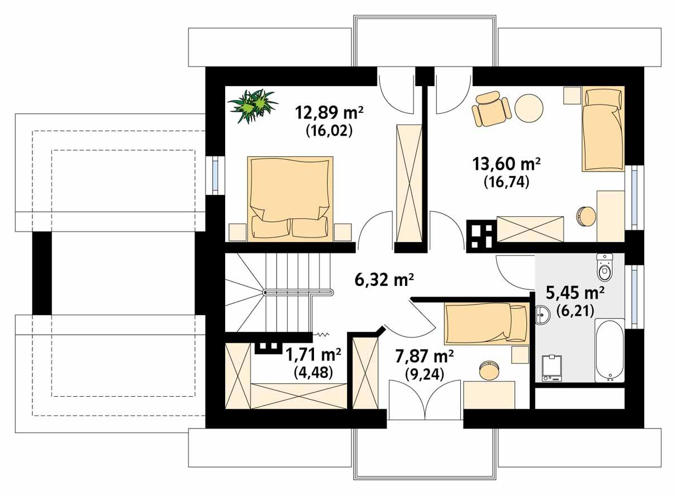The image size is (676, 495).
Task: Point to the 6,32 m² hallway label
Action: point(384,278)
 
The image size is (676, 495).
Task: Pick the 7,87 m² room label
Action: point(424,356)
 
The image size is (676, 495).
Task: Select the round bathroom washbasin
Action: point(542,316)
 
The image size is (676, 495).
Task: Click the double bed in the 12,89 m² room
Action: point(289,198)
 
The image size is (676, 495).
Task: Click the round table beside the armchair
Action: point(529,108)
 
